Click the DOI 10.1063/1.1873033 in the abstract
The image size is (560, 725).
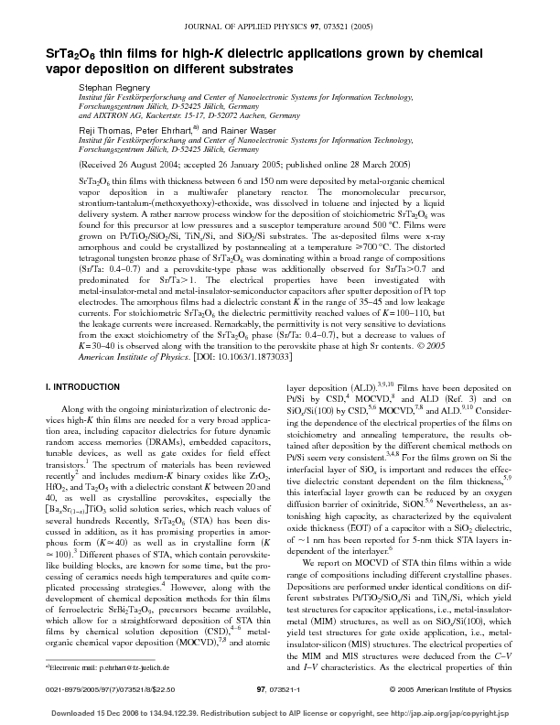pyautogui.click(x=261, y=354)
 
